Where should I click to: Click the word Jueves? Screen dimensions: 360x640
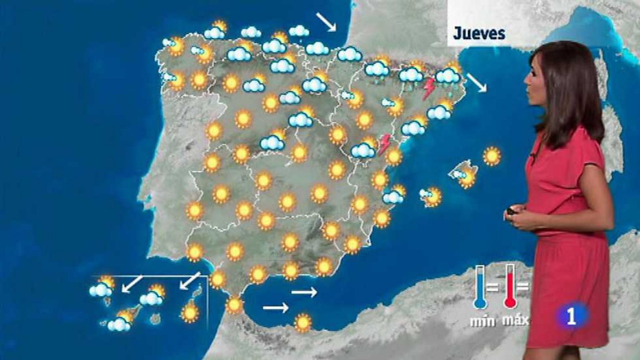coord(479,34)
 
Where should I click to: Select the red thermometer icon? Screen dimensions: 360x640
coord(509,287)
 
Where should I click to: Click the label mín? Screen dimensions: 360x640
coord(482,321)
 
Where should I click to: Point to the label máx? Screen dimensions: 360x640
coord(515,320)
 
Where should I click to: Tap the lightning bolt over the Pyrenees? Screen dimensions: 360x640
coord(429,88)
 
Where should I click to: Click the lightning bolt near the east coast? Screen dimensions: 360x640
coord(385,144)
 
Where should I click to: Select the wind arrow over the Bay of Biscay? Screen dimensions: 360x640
coord(326,21)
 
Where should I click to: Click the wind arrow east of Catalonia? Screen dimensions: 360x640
coord(477,83)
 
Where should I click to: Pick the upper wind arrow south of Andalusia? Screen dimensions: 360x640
coord(304,293)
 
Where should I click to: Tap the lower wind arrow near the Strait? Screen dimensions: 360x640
coord(276,308)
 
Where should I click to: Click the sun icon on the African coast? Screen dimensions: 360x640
coord(303,322)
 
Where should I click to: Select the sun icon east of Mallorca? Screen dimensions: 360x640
coord(492,156)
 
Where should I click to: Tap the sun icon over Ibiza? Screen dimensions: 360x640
coord(433,197)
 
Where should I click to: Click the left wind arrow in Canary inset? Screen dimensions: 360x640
coord(132,284)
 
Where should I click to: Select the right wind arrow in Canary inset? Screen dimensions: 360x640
coord(190,280)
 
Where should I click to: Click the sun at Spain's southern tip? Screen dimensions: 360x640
coord(234,305)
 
